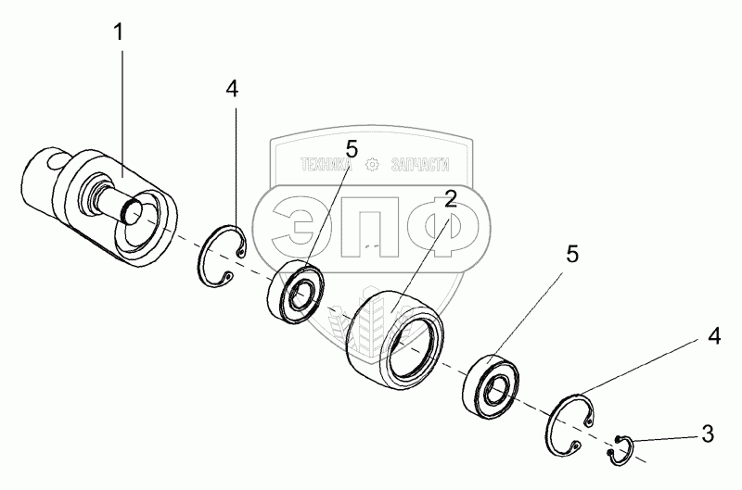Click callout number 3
[707, 431]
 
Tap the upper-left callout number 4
[232, 89]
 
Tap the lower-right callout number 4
[713, 337]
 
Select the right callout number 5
[573, 255]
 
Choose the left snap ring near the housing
[223, 254]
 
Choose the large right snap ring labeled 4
[569, 422]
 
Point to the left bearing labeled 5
[297, 292]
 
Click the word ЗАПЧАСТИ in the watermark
[416, 165]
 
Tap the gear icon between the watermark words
[372, 165]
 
